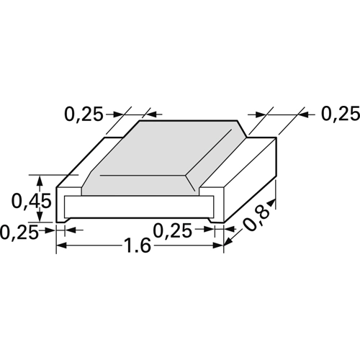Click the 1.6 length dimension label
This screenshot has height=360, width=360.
pyautogui.click(x=138, y=246)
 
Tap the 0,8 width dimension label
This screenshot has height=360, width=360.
pyautogui.click(x=256, y=219)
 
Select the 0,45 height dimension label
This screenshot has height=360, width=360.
pyautogui.click(x=31, y=201)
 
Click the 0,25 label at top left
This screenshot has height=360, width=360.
pyautogui.click(x=84, y=114)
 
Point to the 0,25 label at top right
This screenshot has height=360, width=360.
pyautogui.click(x=341, y=114)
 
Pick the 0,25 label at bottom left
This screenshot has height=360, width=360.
pyautogui.click(x=19, y=232)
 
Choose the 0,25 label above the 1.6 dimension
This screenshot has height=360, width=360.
pyautogui.click(x=172, y=230)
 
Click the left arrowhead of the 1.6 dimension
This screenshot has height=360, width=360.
pyautogui.click(x=61, y=246)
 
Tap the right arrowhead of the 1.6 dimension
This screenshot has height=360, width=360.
pyautogui.click(x=218, y=246)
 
